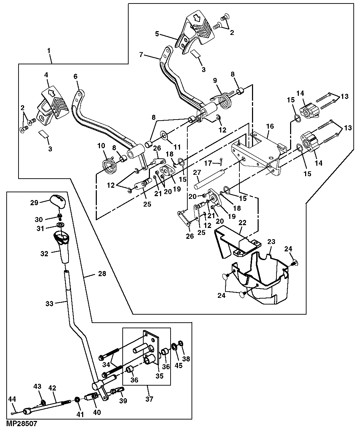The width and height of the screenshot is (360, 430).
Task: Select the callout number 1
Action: [49, 51]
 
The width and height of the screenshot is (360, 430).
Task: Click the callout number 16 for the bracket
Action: [270, 126]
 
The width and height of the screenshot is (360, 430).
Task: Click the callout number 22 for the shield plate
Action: [243, 222]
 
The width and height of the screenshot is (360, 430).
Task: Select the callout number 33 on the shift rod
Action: [49, 303]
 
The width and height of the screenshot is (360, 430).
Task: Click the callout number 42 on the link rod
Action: [52, 388]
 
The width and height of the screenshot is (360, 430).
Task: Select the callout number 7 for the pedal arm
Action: [141, 55]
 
